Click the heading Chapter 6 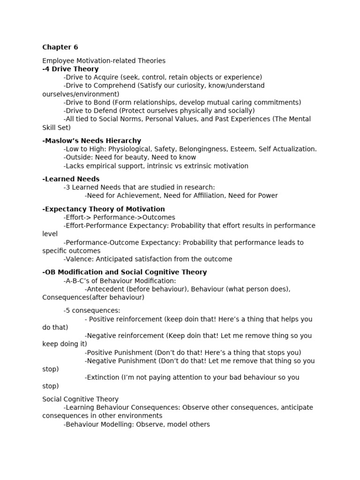(60, 47)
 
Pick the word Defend (105, 111)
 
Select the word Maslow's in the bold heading (61, 141)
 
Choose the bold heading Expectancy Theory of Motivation (104, 209)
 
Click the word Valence (78, 259)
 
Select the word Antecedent (105, 289)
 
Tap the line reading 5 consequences (92, 310)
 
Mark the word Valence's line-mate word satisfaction (152, 259)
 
